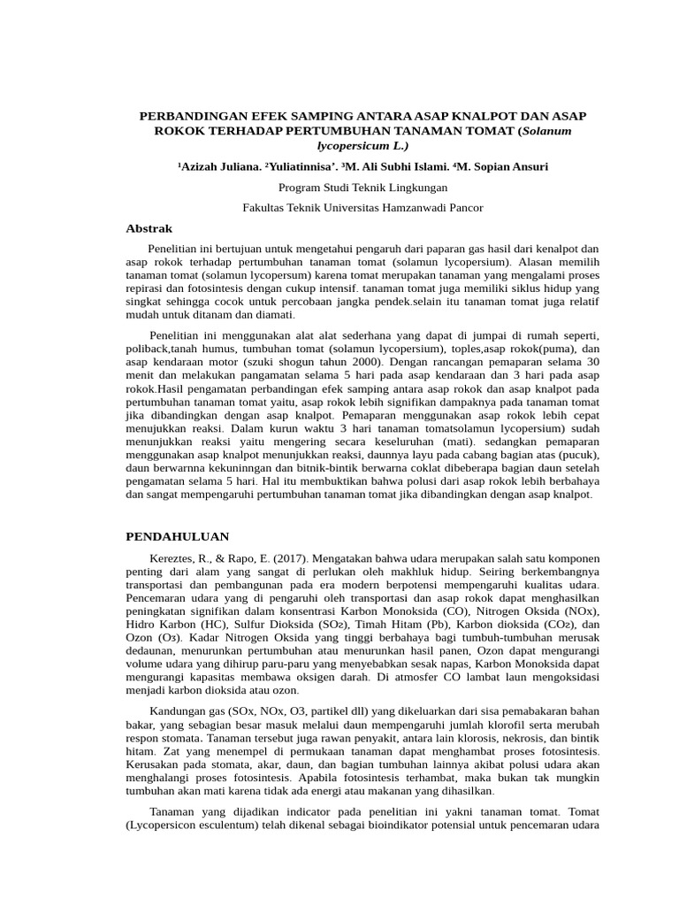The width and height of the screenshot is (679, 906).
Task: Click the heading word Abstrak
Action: pos(149,228)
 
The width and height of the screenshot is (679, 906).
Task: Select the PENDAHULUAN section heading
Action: pos(178,536)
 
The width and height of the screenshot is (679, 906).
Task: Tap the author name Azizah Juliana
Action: pos(209,166)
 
